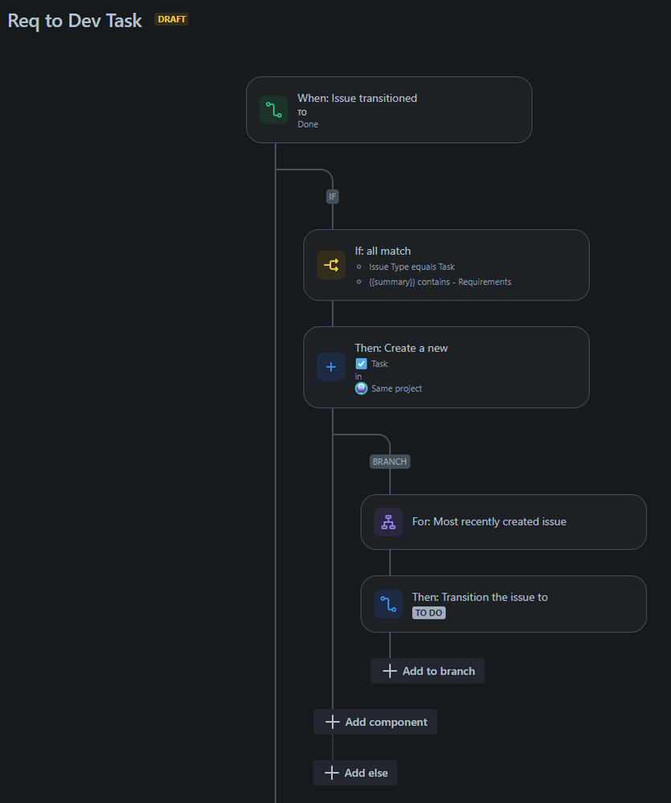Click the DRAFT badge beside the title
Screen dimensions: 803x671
click(171, 19)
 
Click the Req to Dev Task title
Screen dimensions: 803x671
click(75, 21)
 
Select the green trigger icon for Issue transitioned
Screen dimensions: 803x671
click(273, 110)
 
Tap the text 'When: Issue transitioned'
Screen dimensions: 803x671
click(357, 98)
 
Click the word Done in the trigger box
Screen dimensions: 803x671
click(308, 125)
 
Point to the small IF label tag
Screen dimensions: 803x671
click(333, 196)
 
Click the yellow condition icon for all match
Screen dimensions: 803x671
click(331, 264)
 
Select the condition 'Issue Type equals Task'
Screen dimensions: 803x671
click(411, 267)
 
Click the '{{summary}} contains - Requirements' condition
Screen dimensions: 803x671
click(440, 282)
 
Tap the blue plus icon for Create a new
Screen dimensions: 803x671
click(331, 367)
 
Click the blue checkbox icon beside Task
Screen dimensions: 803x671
click(362, 363)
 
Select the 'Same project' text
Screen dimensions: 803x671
click(396, 388)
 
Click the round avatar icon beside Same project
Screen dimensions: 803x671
click(362, 388)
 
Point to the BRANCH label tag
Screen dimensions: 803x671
click(390, 462)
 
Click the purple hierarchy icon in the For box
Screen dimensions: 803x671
click(388, 522)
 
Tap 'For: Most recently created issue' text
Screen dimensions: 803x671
click(489, 522)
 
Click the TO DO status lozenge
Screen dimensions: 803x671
click(429, 612)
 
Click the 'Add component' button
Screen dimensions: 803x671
click(375, 722)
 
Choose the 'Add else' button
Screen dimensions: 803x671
click(355, 772)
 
